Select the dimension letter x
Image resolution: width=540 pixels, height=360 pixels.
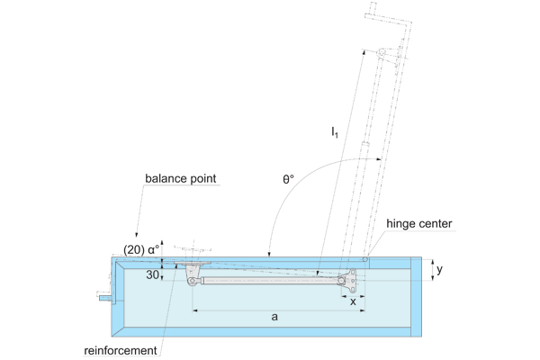(352, 302)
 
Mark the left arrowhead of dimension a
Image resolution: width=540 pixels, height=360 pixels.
(195, 310)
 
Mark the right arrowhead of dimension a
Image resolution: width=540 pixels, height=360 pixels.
(363, 310)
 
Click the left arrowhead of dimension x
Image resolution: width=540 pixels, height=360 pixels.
(343, 295)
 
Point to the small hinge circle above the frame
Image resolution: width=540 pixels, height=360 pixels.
(366, 259)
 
